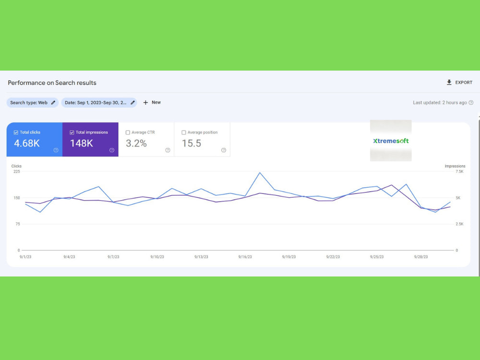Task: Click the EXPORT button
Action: (459, 83)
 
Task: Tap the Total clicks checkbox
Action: (16, 132)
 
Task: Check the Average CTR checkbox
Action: (128, 132)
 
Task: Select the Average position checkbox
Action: (184, 132)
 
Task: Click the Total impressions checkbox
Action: (72, 132)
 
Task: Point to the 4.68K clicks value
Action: (27, 143)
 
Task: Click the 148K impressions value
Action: (82, 143)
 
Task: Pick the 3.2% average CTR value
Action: (136, 143)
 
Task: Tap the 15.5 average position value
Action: (192, 143)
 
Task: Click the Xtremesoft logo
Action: (391, 141)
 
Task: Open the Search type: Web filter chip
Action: (33, 103)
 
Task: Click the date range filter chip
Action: (99, 103)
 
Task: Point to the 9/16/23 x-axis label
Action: (245, 257)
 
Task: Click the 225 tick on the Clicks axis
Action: (16, 171)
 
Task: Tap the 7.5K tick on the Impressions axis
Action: (459, 171)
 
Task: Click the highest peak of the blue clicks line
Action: (260, 173)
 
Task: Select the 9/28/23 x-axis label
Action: (421, 257)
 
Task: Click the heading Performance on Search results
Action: (52, 83)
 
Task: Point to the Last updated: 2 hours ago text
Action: (440, 103)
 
